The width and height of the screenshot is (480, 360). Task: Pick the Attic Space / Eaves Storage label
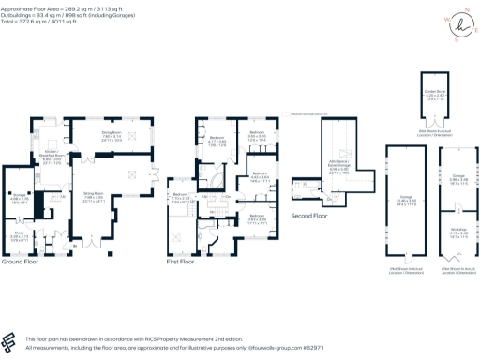pos(337,166)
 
